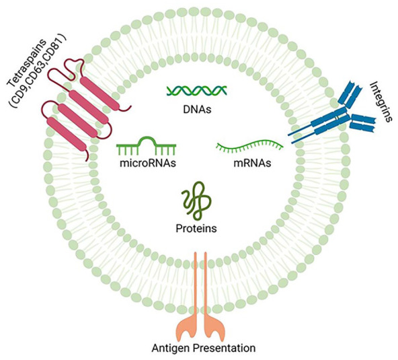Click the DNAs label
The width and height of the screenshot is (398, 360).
pos(197,110)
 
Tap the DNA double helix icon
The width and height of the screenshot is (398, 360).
pos(197,91)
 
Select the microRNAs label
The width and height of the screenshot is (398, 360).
pos(148,163)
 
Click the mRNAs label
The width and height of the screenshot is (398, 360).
pos(252,163)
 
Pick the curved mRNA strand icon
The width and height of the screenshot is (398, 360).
pos(250,147)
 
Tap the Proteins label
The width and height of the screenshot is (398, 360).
pos(196,228)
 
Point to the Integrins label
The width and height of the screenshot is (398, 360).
pos(380,102)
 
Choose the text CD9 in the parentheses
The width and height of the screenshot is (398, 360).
pos(24,92)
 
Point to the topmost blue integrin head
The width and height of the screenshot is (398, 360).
pos(350,93)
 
